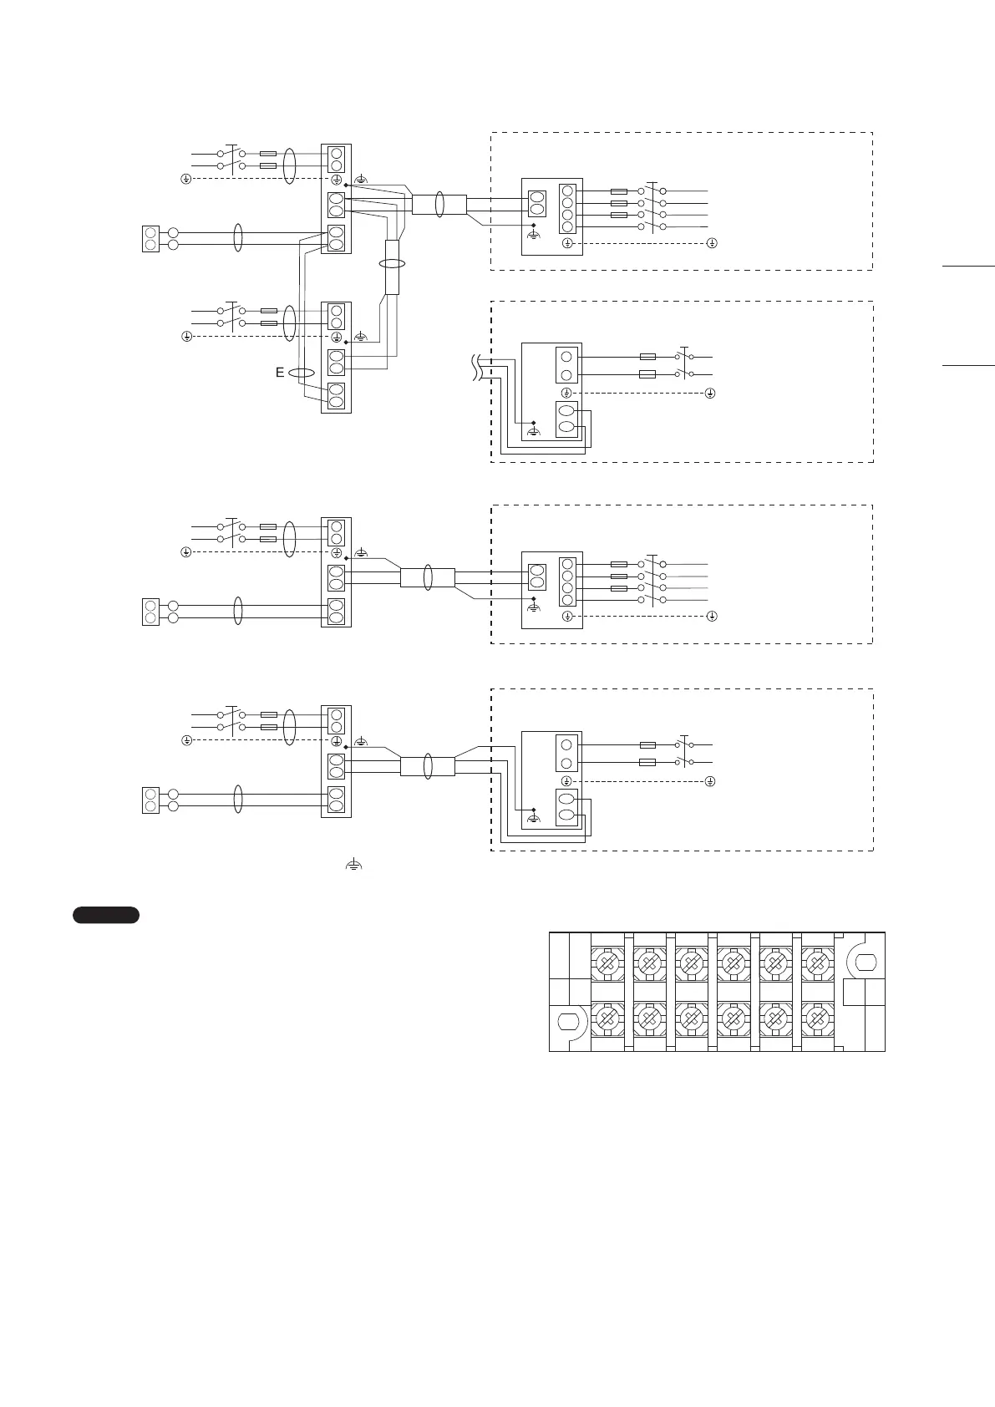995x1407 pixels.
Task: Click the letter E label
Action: tap(281, 373)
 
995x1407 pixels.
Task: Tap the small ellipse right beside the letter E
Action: tap(301, 373)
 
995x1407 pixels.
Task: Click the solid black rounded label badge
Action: tap(106, 915)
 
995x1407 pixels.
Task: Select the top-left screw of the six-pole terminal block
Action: tap(607, 964)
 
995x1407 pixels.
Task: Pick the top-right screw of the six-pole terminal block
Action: tap(816, 964)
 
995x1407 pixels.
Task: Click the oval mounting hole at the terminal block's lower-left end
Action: tap(568, 1022)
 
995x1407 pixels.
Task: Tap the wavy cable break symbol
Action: tap(477, 368)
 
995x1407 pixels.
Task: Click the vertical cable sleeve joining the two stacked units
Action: tap(392, 267)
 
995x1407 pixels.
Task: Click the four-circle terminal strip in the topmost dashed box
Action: tap(568, 208)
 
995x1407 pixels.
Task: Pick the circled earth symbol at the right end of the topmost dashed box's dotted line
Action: tap(711, 243)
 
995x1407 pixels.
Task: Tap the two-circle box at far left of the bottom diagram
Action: tap(150, 800)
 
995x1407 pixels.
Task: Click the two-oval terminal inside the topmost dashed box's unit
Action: tap(536, 203)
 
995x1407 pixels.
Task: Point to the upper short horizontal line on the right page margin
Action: tap(969, 266)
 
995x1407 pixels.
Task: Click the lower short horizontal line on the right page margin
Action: tap(969, 365)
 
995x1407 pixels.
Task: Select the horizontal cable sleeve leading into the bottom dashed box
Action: tap(427, 766)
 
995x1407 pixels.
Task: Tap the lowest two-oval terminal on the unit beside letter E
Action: tap(336, 395)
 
